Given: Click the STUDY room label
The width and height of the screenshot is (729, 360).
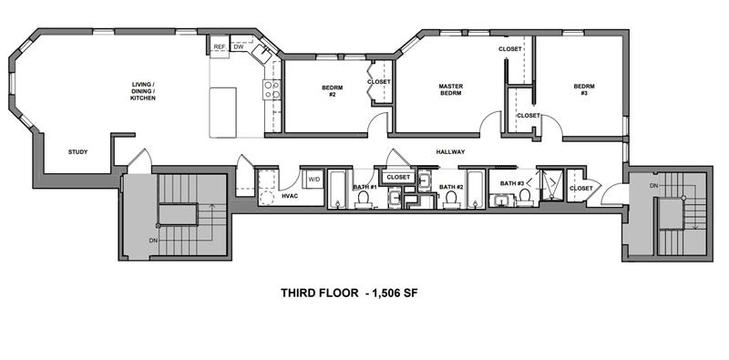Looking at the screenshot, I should coord(78,151).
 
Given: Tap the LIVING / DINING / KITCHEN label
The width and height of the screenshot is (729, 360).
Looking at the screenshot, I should coord(143,91).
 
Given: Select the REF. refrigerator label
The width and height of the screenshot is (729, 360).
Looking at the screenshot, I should coord(220,46).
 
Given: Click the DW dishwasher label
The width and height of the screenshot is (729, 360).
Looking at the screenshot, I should coord(238,46).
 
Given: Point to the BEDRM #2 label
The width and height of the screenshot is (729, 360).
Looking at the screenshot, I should coord(332,92).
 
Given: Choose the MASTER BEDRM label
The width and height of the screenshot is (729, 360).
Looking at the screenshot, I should coord(450,90).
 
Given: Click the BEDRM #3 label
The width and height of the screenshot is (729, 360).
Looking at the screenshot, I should coord(583,91).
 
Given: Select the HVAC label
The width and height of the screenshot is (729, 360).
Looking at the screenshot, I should coord(290,195).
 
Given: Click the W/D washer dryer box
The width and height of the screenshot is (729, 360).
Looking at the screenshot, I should coord(313,179).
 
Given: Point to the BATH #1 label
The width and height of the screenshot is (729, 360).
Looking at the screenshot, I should coord(364,187).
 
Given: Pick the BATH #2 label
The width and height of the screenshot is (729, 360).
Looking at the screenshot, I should coord(450,187).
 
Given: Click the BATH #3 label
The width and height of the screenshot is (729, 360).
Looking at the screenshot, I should coord(510,183).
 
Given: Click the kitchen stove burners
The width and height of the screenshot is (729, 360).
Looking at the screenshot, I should coord(271,88).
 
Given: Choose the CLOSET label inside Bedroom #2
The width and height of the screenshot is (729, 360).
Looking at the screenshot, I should coord(379,82).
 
